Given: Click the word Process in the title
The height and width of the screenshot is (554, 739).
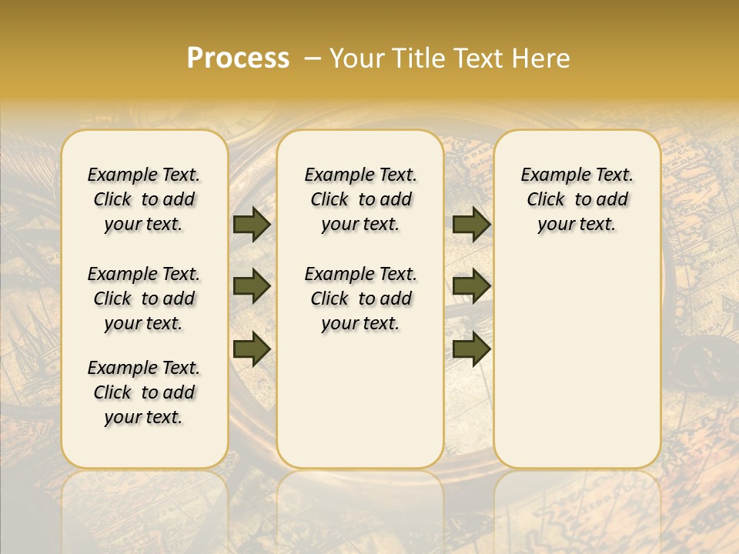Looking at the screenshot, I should coord(238,58).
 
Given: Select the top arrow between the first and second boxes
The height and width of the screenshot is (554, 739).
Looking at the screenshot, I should coord(252,224).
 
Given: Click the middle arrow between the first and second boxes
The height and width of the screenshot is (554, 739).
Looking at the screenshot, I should coord(252,286).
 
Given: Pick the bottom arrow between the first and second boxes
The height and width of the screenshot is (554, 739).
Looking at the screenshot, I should coord(252,349).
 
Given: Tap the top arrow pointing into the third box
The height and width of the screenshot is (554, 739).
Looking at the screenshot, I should coord(471,224).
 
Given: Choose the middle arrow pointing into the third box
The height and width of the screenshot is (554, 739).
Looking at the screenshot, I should coord(471,286).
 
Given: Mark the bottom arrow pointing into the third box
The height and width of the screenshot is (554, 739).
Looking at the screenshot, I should coord(471,349).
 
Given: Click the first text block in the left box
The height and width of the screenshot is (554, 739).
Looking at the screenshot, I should coord(144,199).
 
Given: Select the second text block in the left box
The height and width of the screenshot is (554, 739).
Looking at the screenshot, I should coord(144,299).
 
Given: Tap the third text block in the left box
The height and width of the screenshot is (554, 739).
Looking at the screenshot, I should coord(144,392).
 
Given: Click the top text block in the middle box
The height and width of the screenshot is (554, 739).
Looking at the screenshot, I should coord(360,199).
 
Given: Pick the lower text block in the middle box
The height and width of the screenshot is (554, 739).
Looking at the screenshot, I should coord(360,299).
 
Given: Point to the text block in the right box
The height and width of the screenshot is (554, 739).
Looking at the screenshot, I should coord(577,199).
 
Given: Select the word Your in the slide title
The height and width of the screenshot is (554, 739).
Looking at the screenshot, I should coord(355,58).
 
